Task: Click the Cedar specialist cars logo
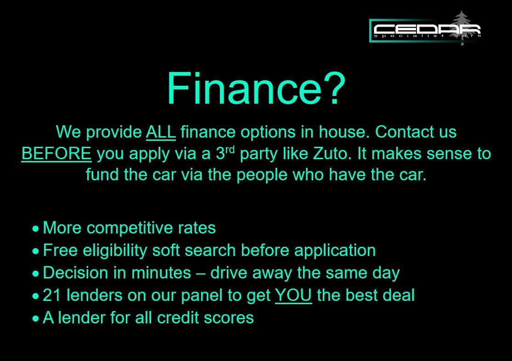coord(425,30)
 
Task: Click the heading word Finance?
coord(255,88)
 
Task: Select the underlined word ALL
coord(161,132)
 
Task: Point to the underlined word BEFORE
coord(56,154)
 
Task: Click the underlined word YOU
coord(293,295)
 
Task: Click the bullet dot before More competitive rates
coord(36,228)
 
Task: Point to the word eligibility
coord(115,250)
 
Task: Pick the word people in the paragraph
coord(262,175)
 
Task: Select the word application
coord(335,250)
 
